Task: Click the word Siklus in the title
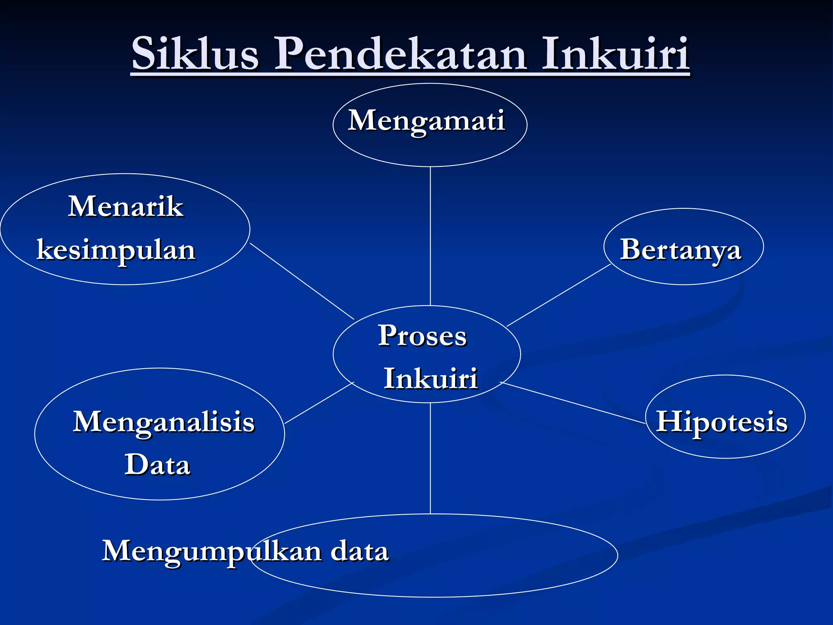(195, 54)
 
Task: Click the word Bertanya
(680, 249)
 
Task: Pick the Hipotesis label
(722, 422)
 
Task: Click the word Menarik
(126, 206)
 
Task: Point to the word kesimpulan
(116, 250)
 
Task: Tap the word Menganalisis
(164, 422)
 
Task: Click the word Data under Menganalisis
(157, 465)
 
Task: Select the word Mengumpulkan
(212, 551)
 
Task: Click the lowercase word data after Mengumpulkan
(360, 551)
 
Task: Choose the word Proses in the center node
(422, 336)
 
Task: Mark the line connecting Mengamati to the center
(430, 236)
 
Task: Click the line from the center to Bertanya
(559, 295)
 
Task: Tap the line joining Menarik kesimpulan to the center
(302, 281)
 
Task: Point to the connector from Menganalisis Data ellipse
(319, 403)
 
